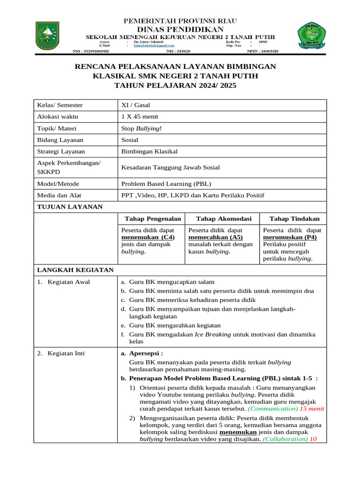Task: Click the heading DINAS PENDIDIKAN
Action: [180, 29]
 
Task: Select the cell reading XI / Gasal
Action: [135, 105]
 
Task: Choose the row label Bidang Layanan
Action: [60, 140]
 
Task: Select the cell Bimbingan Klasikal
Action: [150, 151]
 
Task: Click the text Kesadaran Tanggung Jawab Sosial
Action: [170, 167]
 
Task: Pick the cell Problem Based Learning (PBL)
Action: [163, 184]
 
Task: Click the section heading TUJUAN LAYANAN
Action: [70, 207]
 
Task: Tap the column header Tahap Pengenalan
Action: [153, 219]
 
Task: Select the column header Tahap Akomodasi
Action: [224, 219]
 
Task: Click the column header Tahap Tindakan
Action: [294, 219]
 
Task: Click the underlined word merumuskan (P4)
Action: [290, 238]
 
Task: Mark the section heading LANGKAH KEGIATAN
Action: [75, 270]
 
